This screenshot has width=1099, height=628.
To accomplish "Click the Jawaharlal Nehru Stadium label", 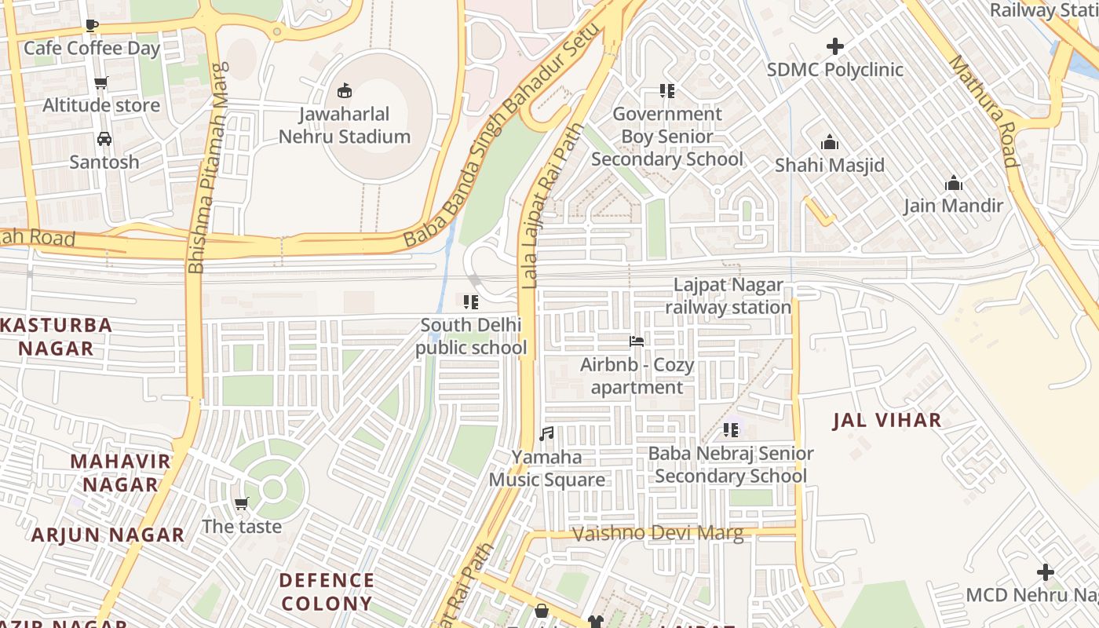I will (x=345, y=126).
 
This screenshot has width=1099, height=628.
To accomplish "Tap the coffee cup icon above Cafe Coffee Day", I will (x=92, y=25).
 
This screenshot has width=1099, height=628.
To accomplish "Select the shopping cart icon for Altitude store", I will (x=101, y=82).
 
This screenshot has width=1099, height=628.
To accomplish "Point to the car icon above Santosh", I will (x=104, y=139).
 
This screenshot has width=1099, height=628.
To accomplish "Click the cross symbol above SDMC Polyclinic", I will (x=835, y=47).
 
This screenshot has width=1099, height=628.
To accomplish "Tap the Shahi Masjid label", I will (x=830, y=166).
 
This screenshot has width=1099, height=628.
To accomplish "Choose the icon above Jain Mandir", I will (x=954, y=184).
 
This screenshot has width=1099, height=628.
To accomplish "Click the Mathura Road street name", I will (x=984, y=111).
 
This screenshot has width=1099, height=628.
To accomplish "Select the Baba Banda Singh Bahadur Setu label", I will (x=502, y=134).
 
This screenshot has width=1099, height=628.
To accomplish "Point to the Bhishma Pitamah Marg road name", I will (x=207, y=168).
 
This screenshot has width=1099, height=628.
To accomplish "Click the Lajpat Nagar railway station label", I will (x=728, y=296).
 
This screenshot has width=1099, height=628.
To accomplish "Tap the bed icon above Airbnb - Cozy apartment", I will (x=637, y=341).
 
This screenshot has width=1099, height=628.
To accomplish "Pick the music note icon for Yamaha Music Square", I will (x=547, y=433).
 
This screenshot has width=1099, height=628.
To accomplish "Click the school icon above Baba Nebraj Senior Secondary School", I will (x=731, y=429).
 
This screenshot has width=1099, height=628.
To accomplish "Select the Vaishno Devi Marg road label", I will (x=658, y=534).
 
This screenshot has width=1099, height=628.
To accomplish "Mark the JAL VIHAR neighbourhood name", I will (x=887, y=420).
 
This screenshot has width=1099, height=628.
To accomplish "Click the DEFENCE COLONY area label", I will (x=327, y=592).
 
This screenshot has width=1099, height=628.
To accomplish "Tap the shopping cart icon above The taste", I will (x=242, y=503).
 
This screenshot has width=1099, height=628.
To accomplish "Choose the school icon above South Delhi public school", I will (x=471, y=302).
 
